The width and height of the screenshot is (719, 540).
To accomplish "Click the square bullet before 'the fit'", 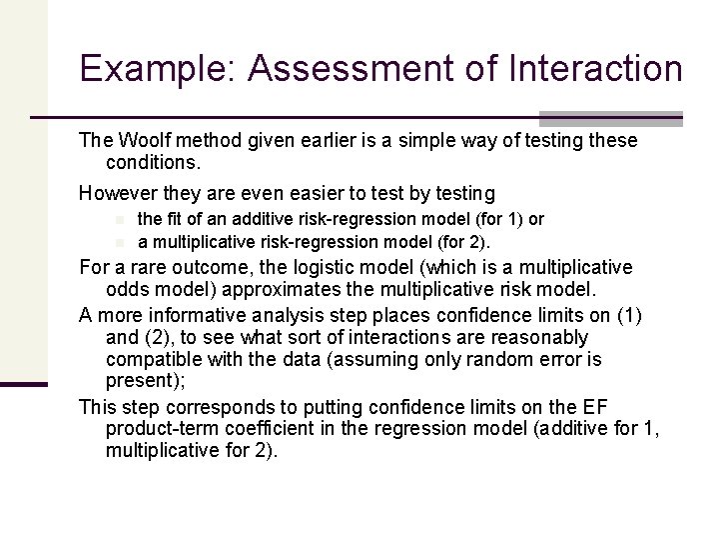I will pyautogui.click(x=118, y=219).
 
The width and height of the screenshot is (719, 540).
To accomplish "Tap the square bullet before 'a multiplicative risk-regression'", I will pyautogui.click(x=118, y=241).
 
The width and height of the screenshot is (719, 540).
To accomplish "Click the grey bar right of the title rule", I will pyautogui.click(x=610, y=117).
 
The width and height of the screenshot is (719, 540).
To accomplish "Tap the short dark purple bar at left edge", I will pyautogui.click(x=24, y=383).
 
